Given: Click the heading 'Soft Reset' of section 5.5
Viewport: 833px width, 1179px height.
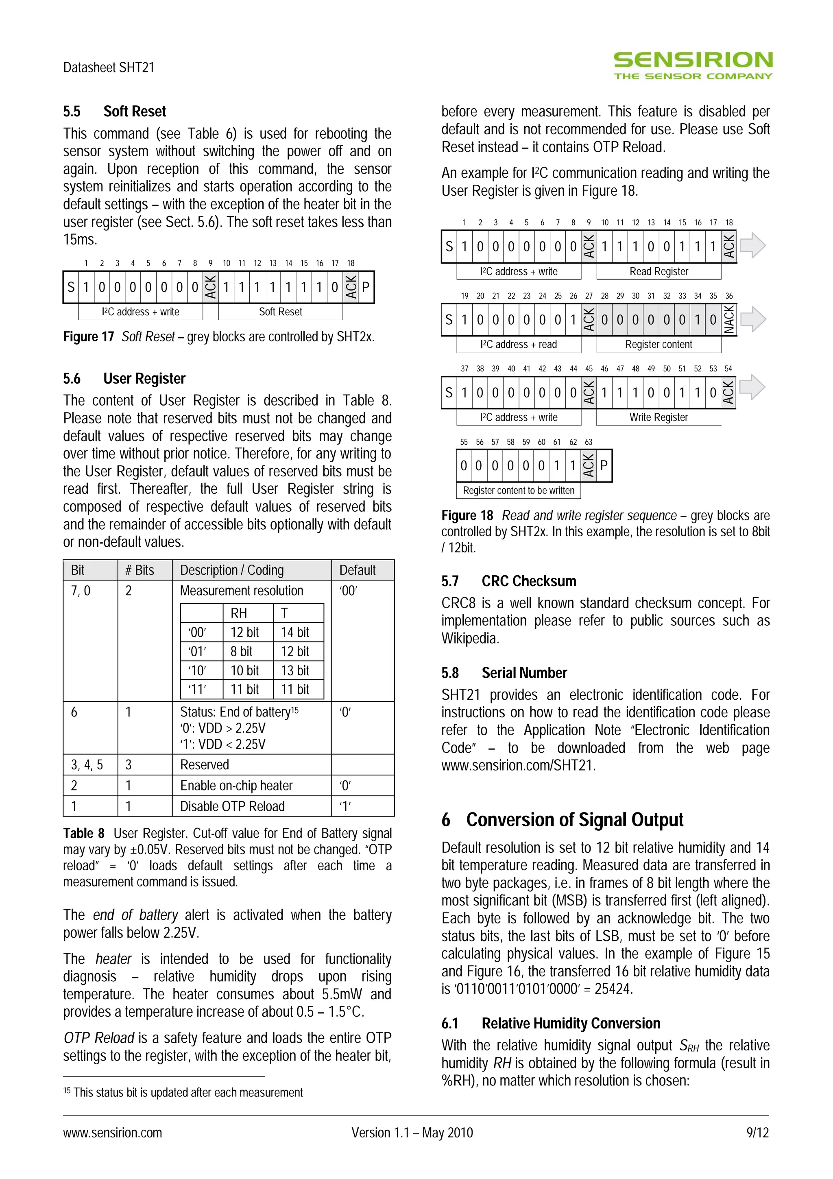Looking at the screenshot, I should point(135,111).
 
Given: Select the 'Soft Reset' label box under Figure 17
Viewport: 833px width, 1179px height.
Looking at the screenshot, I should point(280,312).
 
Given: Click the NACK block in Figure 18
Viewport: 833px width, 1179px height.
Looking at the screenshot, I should point(728,319).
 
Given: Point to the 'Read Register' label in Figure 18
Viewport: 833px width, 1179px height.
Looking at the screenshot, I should point(659,272).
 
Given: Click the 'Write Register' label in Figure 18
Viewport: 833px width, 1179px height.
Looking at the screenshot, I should point(659,417).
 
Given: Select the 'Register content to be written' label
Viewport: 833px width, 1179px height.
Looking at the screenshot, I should point(518,490).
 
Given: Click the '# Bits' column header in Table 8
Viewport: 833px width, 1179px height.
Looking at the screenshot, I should point(140,570).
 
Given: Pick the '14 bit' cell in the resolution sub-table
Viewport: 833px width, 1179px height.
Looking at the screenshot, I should point(295,632).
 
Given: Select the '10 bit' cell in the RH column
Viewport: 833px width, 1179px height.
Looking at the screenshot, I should point(245,670).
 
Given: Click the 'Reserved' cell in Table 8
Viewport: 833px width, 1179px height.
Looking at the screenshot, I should point(204,764).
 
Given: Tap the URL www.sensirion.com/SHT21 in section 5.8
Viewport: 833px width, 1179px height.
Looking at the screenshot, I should point(517,766).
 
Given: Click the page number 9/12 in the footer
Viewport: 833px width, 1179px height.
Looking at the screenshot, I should point(757,1133).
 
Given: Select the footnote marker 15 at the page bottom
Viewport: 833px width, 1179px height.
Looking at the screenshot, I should point(67,1091).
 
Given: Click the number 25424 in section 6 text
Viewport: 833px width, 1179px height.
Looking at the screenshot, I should point(613,989).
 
